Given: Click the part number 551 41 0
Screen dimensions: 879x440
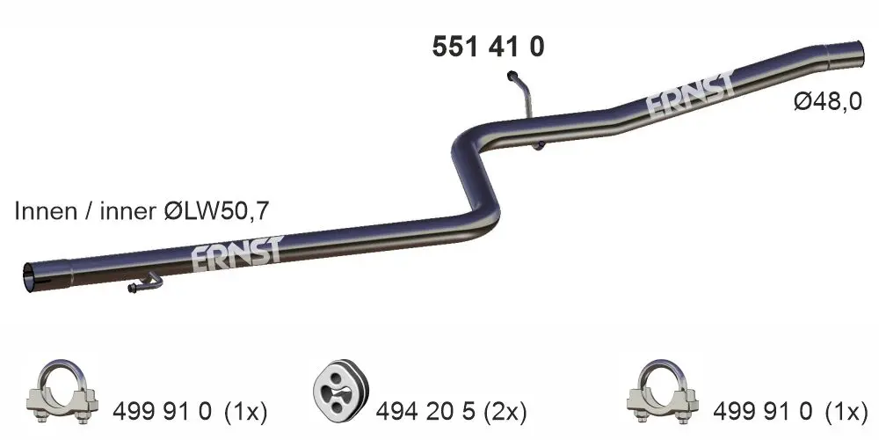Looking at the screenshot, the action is pyautogui.click(x=488, y=47).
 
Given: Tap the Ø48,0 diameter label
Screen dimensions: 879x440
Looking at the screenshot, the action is pyautogui.click(x=827, y=102).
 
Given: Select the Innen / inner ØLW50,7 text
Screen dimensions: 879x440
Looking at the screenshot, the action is pyautogui.click(x=142, y=211).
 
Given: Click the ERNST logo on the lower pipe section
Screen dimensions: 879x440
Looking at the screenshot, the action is pyautogui.click(x=237, y=253).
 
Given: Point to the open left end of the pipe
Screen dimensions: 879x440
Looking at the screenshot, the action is pyautogui.click(x=29, y=276).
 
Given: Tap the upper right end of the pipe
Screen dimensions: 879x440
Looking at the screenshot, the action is pyautogui.click(x=856, y=55).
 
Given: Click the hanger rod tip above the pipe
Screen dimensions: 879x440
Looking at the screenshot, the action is pyautogui.click(x=512, y=75).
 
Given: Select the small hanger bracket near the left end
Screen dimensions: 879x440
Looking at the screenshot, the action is pyautogui.click(x=145, y=282).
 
